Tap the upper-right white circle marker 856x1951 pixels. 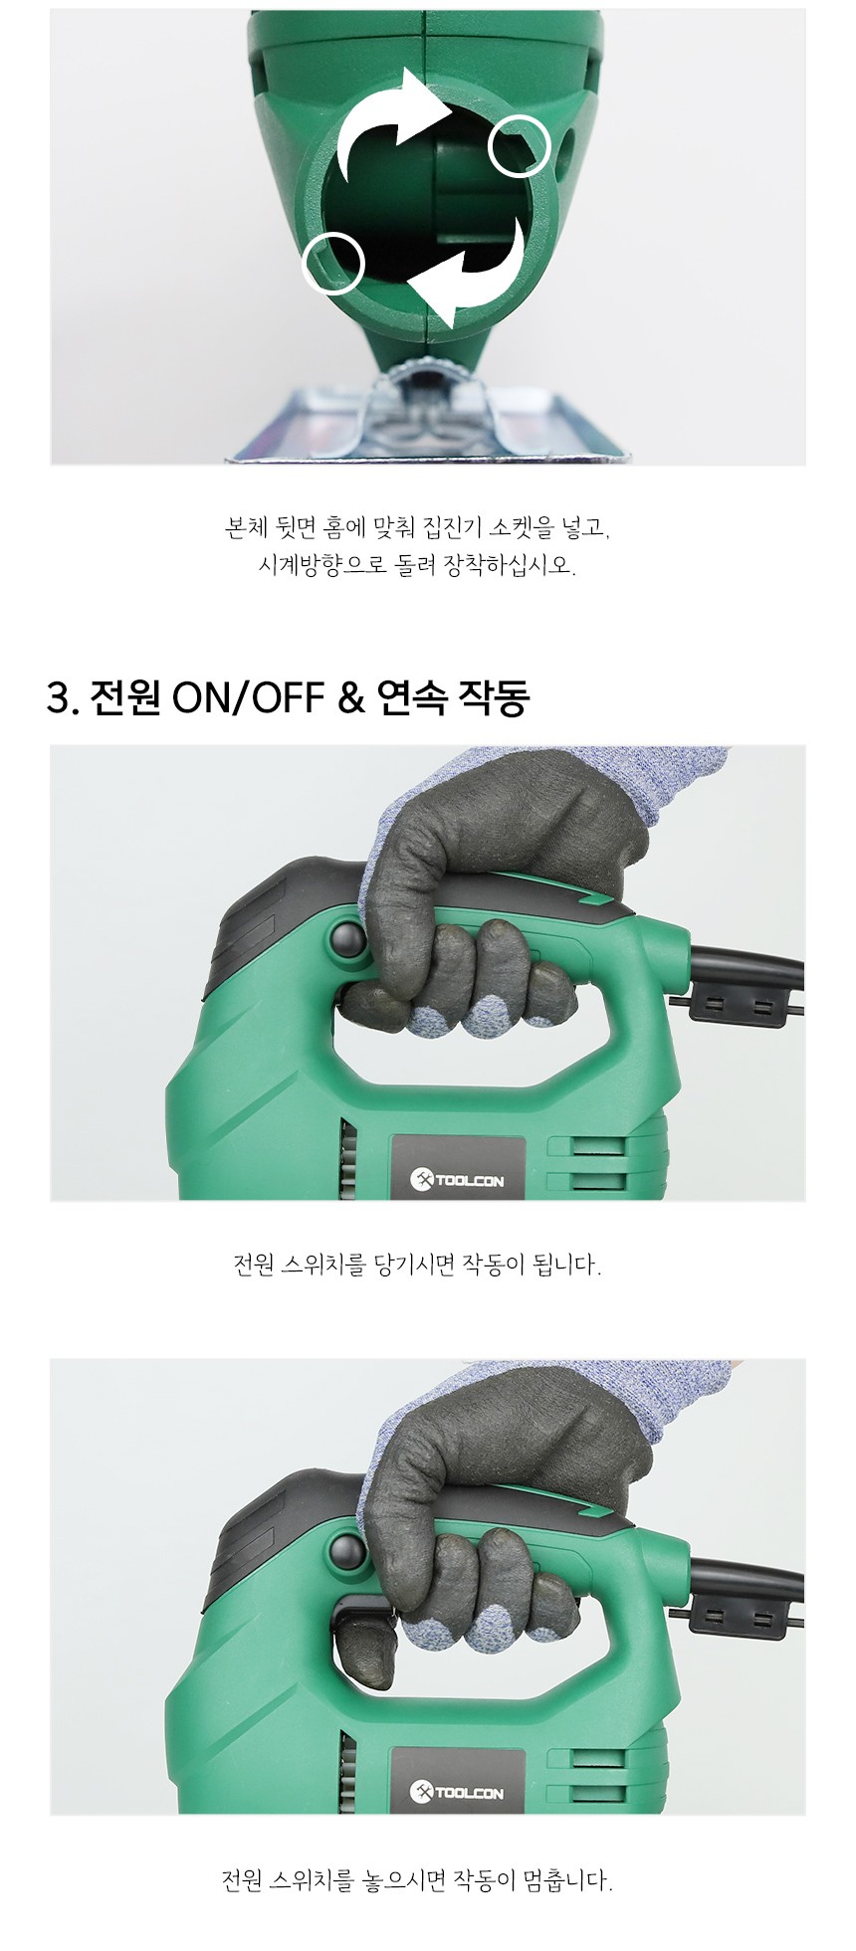(520, 145)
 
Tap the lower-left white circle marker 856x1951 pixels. (332, 263)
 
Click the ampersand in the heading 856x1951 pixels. (351, 698)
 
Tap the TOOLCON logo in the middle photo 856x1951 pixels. (457, 1180)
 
